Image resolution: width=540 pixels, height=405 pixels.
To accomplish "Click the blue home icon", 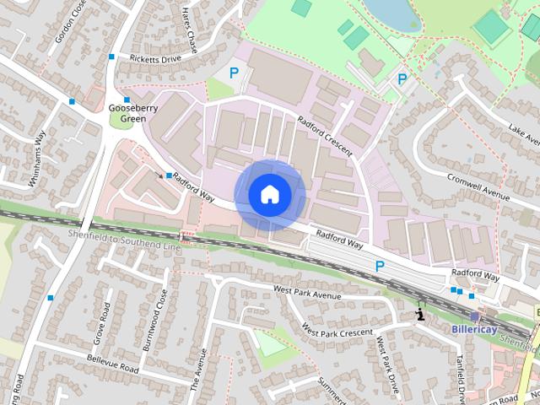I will coord(269,194).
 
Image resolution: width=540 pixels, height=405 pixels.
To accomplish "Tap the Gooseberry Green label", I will coord(127,114).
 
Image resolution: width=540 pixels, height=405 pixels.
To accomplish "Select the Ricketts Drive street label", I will coord(156,59).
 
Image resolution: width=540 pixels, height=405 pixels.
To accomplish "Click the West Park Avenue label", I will coord(306,293).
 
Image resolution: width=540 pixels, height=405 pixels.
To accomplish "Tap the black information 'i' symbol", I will coord(419,316).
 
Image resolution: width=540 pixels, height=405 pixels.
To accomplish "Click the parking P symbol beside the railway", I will coord(380,266).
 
